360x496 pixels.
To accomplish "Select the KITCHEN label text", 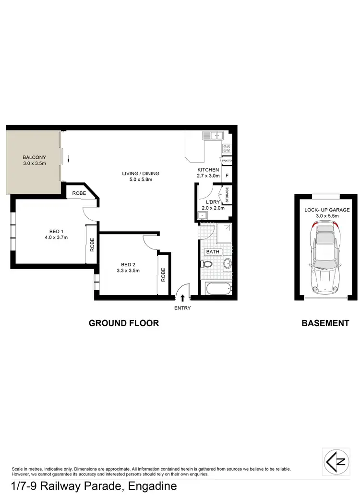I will pyautogui.click(x=208, y=170).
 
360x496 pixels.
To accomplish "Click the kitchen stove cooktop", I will pyautogui.click(x=227, y=148).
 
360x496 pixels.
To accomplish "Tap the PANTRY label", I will pyautogui.click(x=227, y=161).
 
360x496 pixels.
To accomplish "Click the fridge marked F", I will pyautogui.click(x=227, y=176).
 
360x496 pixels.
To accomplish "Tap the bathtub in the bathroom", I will pyautogui.click(x=218, y=289).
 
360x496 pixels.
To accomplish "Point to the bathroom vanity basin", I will pyautogui.click(x=227, y=263).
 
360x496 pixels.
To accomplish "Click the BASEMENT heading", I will pyautogui.click(x=325, y=323).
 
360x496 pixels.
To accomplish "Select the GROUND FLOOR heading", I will pyautogui.click(x=124, y=323).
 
